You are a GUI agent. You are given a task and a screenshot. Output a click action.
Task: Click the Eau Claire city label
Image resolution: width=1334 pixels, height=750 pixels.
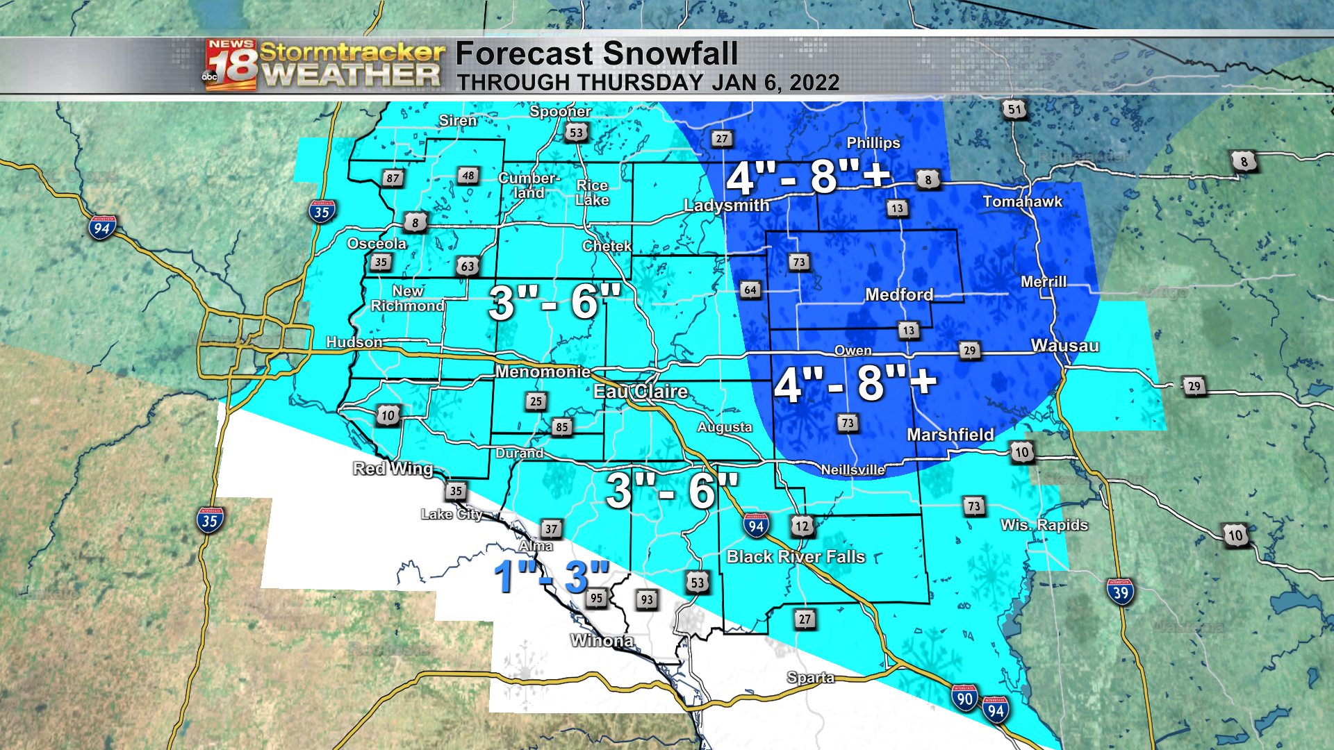[x=640, y=392]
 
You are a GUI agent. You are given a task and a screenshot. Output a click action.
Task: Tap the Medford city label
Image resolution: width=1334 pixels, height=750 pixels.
[x=898, y=294]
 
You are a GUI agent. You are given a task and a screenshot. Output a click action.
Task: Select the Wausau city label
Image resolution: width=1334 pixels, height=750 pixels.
[x=1064, y=345]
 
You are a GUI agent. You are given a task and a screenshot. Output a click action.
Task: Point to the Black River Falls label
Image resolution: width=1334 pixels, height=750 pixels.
[x=796, y=556]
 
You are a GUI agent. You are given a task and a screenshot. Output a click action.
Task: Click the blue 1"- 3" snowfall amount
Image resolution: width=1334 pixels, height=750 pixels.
[x=551, y=576]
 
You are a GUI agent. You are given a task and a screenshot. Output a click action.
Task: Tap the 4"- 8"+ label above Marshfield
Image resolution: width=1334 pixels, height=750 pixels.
[x=855, y=383]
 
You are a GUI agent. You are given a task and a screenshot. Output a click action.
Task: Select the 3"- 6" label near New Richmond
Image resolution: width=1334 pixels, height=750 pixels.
[x=554, y=302]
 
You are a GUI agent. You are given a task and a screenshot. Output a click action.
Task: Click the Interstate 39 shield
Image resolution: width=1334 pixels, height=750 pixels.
[x=1120, y=592]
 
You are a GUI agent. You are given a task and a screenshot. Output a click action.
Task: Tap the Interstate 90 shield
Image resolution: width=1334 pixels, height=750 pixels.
[x=964, y=698]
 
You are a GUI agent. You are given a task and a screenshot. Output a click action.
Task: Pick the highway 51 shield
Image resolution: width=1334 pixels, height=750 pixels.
[x=1015, y=109]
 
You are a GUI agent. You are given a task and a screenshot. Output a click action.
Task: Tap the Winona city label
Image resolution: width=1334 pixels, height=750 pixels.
[x=602, y=640]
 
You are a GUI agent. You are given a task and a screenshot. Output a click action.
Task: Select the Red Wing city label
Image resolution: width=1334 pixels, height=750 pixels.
[x=393, y=468]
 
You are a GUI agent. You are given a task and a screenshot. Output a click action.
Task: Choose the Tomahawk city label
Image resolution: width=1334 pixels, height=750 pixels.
[x=1022, y=201]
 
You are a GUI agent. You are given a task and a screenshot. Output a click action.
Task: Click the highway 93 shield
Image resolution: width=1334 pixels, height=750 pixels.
[x=647, y=599]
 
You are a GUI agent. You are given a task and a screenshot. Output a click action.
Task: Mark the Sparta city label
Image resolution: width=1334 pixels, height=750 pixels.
[x=810, y=677]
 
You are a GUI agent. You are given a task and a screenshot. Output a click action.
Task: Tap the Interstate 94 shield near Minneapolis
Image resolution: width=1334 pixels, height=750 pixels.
[x=101, y=228]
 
